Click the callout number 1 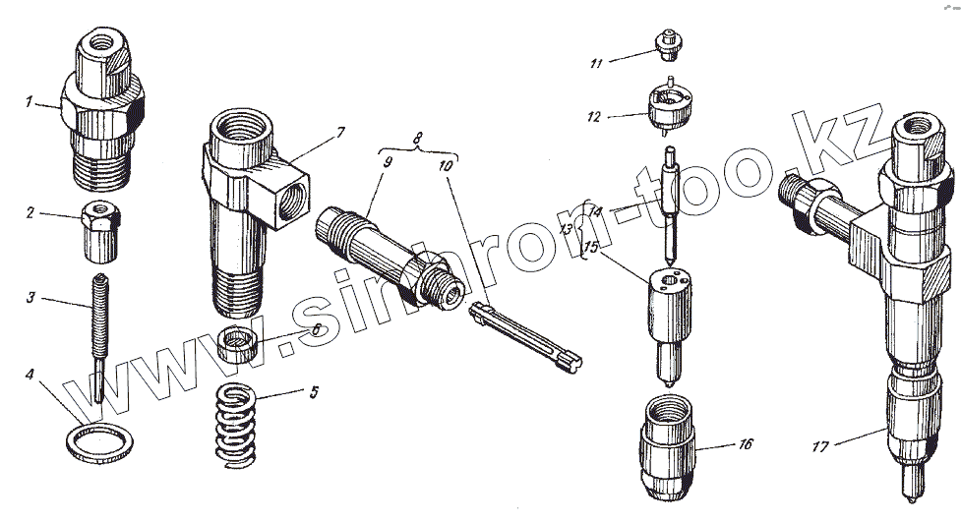tap(29, 101)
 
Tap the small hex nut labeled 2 tap(100, 232)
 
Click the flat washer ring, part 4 tap(99, 442)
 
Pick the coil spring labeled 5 tap(235, 426)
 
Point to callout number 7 tap(340, 133)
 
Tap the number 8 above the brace tap(417, 138)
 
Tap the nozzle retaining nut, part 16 tap(668, 446)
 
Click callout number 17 tap(819, 447)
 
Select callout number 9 tap(388, 163)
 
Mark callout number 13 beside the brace tap(567, 229)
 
